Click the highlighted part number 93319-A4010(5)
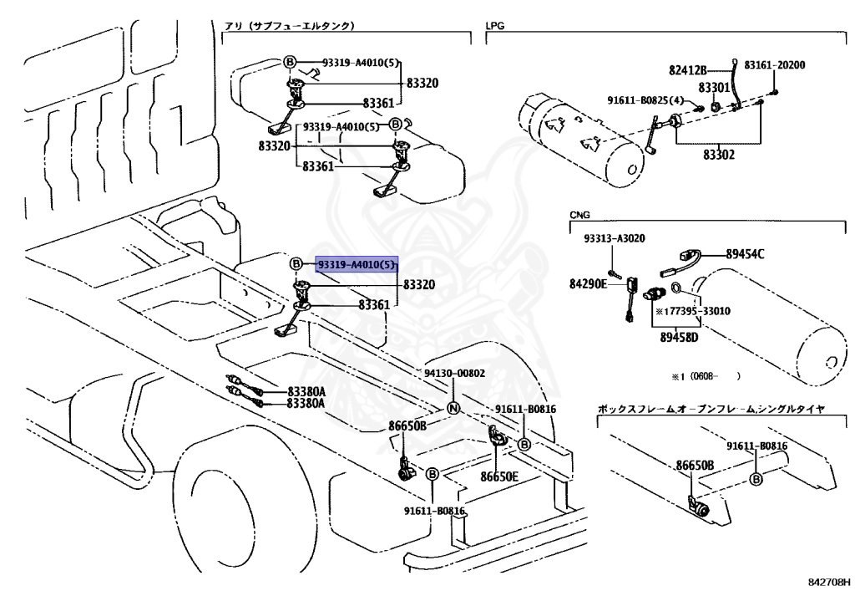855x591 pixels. click(x=357, y=265)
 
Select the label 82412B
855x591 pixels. click(x=688, y=70)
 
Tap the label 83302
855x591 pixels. click(x=719, y=155)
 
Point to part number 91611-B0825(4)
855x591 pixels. click(x=645, y=99)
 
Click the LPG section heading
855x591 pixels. click(x=494, y=25)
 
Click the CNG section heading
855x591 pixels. click(x=579, y=215)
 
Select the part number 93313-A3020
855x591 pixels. click(x=614, y=238)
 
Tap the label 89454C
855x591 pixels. click(x=745, y=254)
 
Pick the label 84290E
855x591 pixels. click(x=588, y=283)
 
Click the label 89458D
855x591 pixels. click(x=679, y=337)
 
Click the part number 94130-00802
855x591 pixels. click(x=455, y=374)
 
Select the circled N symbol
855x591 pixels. click(x=453, y=408)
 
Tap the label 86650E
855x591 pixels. click(x=499, y=477)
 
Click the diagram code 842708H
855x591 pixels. click(x=828, y=583)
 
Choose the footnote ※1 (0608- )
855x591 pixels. click(x=706, y=376)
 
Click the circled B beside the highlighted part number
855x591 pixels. click(x=296, y=264)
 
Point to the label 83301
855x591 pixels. click(x=714, y=87)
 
